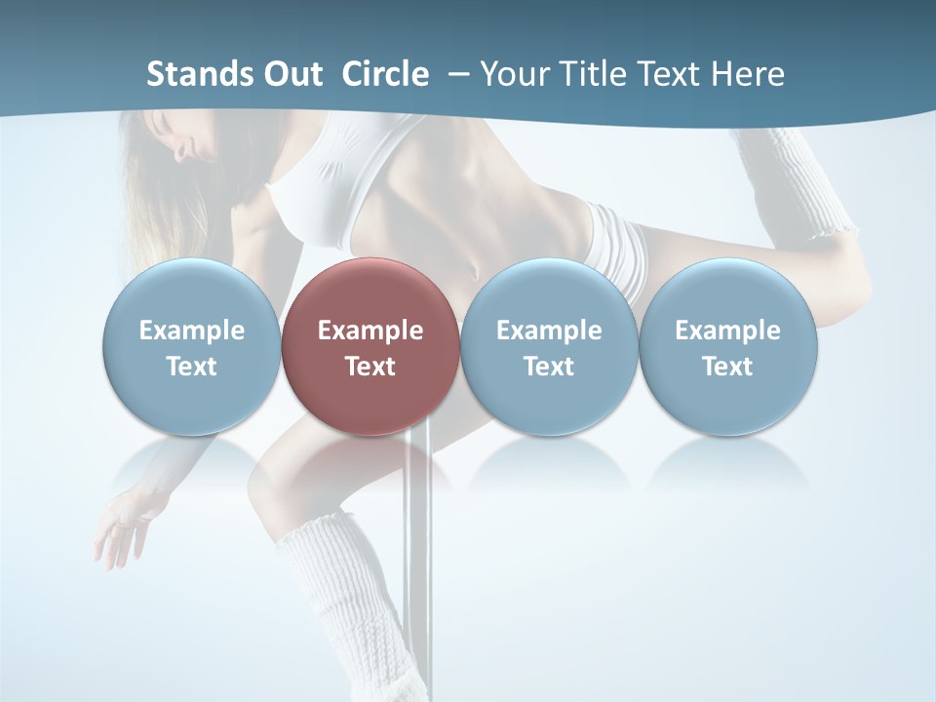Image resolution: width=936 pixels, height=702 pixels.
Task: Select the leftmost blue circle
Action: [191, 347]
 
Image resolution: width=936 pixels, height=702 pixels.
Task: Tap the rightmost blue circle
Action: [727, 347]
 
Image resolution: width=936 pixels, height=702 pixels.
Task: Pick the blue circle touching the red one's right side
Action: [549, 347]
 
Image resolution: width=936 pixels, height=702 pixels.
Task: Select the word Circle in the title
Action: [385, 74]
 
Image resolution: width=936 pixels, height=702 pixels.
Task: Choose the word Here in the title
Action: [748, 74]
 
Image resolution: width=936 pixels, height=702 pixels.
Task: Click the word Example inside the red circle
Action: [370, 331]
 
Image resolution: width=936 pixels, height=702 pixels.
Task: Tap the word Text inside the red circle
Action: [370, 367]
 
